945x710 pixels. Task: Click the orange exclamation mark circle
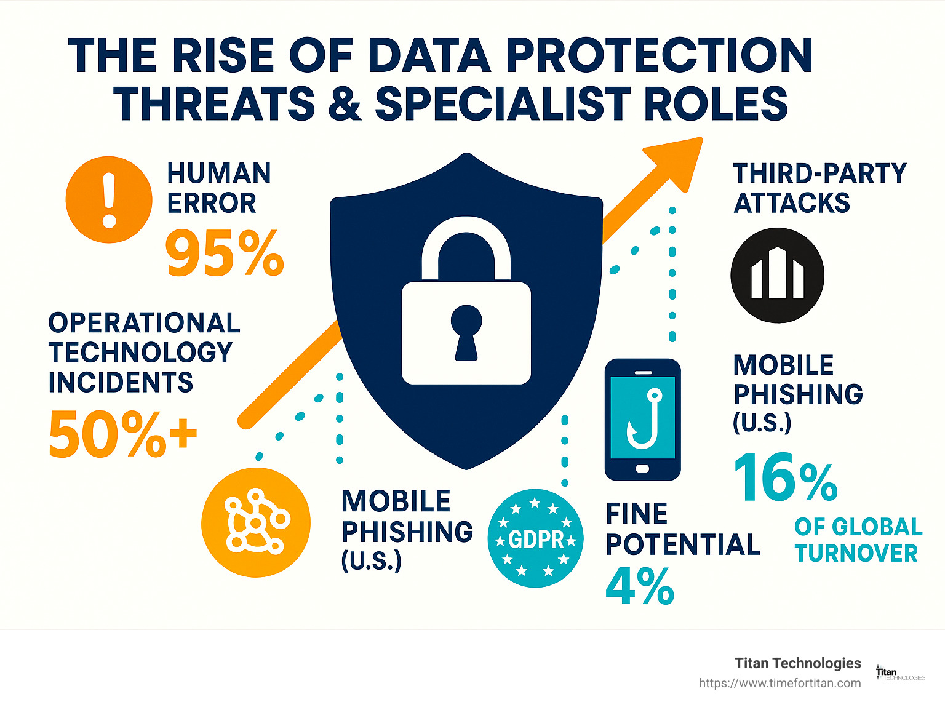(x=109, y=200)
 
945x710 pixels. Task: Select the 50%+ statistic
(x=122, y=434)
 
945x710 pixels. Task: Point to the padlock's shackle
(x=466, y=243)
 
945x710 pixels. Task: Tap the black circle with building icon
(x=777, y=275)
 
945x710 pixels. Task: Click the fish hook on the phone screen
(x=643, y=419)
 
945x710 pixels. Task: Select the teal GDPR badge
(x=535, y=538)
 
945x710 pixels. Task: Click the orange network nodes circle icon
(x=256, y=522)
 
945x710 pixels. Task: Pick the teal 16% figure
(x=786, y=478)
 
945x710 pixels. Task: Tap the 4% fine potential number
(x=640, y=586)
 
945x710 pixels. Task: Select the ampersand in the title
(x=345, y=103)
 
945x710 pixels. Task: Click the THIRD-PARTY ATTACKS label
(x=819, y=188)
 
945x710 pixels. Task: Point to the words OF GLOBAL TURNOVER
(x=858, y=540)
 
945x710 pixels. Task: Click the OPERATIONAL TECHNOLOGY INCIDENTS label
(x=144, y=353)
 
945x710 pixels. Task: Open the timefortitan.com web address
(x=780, y=683)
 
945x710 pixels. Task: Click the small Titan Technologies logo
(x=900, y=674)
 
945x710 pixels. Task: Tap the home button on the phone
(x=642, y=469)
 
